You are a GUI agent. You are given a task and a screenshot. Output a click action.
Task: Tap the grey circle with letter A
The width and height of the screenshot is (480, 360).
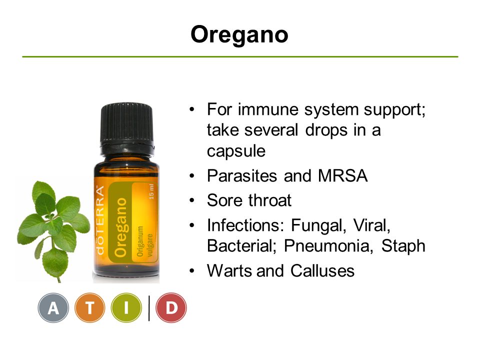click(x=53, y=307)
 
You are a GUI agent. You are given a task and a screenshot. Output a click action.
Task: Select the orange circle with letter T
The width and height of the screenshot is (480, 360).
click(x=89, y=307)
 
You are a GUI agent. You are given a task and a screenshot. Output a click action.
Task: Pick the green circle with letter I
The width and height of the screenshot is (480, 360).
click(x=126, y=307)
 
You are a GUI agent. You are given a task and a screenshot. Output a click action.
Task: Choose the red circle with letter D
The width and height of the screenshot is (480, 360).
click(x=171, y=307)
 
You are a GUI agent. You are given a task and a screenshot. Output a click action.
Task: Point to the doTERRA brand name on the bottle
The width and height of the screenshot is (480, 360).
click(x=100, y=220)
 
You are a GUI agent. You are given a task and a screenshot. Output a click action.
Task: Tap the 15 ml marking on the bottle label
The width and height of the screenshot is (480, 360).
click(x=151, y=191)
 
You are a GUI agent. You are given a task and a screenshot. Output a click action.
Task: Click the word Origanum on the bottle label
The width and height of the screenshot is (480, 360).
click(x=140, y=241)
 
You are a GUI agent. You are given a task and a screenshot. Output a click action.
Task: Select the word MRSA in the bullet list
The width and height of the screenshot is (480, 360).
click(x=342, y=175)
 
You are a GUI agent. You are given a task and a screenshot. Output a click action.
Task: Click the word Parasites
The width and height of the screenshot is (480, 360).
click(x=242, y=175)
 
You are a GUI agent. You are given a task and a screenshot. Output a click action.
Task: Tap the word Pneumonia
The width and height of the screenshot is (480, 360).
click(x=328, y=246)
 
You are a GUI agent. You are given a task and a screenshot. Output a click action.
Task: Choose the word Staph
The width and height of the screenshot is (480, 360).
click(x=403, y=246)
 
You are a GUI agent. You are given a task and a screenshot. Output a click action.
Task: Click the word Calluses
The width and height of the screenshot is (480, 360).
click(x=322, y=270)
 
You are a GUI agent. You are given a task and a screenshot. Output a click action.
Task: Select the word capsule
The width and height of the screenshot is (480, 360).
click(x=236, y=151)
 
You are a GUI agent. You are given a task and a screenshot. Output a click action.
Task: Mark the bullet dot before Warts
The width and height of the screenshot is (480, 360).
click(x=192, y=270)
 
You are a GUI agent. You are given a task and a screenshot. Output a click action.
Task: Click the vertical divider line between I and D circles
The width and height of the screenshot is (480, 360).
click(x=149, y=308)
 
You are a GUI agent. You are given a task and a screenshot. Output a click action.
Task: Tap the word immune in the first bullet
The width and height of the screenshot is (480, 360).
click(x=268, y=109)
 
